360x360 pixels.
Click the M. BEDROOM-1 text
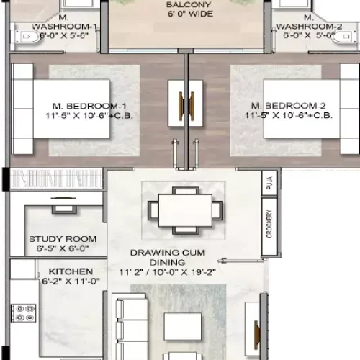80,104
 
